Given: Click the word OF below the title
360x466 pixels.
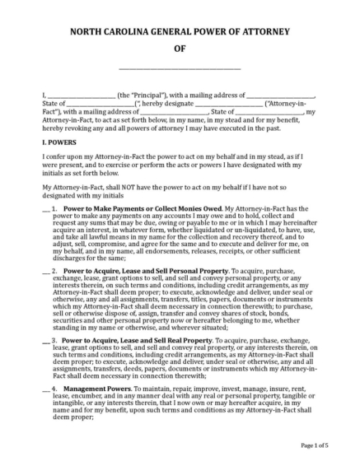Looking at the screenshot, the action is [180, 49].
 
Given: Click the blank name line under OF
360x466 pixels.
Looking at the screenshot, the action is [180, 68].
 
